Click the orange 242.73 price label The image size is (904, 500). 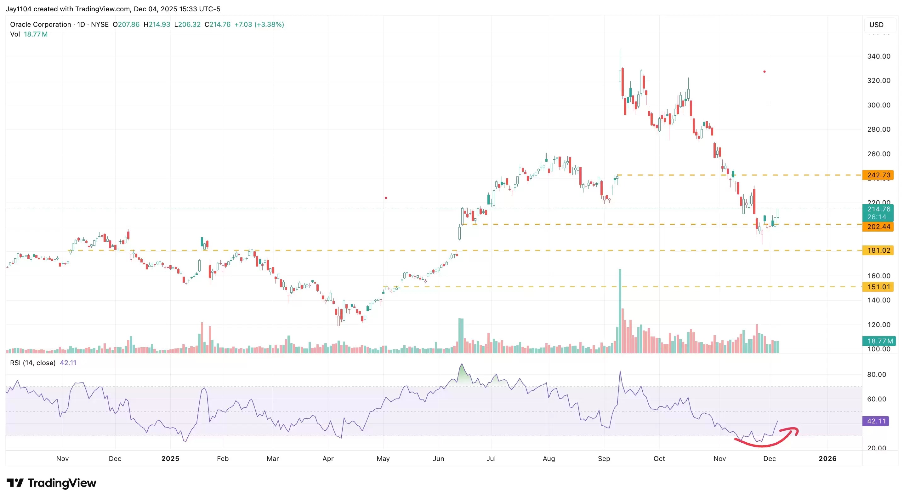[878, 175]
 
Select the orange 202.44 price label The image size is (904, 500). [878, 227]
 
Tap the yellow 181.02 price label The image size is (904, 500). [878, 250]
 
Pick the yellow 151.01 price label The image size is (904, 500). [878, 287]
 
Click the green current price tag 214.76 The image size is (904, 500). [878, 209]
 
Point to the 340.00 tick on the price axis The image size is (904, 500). [878, 56]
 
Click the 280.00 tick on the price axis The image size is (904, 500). [878, 129]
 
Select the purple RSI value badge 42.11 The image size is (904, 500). [876, 421]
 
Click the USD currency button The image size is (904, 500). [876, 25]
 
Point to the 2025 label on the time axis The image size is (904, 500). [170, 458]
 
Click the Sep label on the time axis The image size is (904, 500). [604, 458]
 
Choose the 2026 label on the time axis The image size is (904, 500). [827, 458]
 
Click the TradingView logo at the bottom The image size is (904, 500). [52, 483]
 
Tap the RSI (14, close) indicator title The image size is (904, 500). [33, 363]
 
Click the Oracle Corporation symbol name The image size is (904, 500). [40, 24]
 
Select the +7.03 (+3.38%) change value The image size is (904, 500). [259, 24]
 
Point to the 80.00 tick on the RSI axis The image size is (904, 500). [876, 374]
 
